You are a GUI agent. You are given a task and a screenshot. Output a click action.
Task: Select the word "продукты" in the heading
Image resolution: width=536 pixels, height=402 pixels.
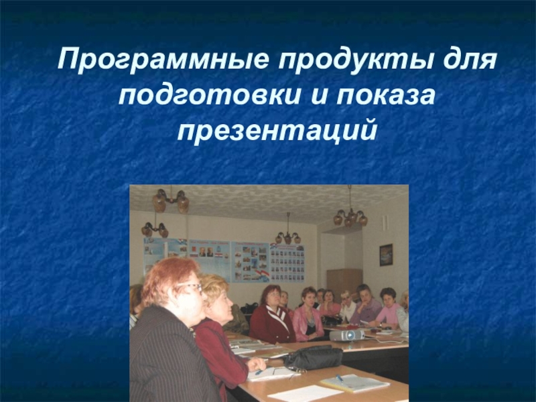click(362, 62)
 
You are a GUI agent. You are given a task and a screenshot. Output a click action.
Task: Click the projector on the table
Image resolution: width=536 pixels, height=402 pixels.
click(346, 334)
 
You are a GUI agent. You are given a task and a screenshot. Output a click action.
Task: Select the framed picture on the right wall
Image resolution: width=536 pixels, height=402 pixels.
click(386, 254)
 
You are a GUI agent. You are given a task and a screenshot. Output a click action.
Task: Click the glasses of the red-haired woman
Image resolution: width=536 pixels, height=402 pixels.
click(190, 287)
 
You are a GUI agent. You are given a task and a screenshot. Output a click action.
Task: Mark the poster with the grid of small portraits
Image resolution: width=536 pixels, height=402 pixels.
click(286, 262)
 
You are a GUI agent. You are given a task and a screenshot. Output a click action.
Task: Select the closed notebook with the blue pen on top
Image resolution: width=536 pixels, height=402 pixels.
click(354, 383)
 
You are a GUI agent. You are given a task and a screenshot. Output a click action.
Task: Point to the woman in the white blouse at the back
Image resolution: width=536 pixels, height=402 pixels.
click(346, 308)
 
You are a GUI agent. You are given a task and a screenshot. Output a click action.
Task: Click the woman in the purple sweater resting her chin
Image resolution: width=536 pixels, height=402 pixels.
click(366, 308)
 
